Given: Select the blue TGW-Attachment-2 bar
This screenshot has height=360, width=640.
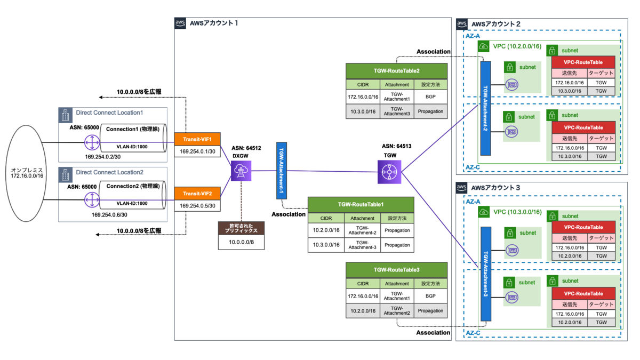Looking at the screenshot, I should [485, 109].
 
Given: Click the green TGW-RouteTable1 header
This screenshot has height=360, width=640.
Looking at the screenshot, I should [361, 204].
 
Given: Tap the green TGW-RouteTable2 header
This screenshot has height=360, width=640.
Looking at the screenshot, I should [396, 70].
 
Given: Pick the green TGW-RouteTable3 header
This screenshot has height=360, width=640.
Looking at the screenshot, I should [396, 270].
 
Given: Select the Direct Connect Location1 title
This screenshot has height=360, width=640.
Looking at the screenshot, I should [109, 113].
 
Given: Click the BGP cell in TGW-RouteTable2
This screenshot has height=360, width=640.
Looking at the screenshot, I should [430, 98].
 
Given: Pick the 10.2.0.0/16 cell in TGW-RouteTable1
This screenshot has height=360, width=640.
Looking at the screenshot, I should [326, 231].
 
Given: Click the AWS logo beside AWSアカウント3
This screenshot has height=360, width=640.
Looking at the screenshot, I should [462, 188].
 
